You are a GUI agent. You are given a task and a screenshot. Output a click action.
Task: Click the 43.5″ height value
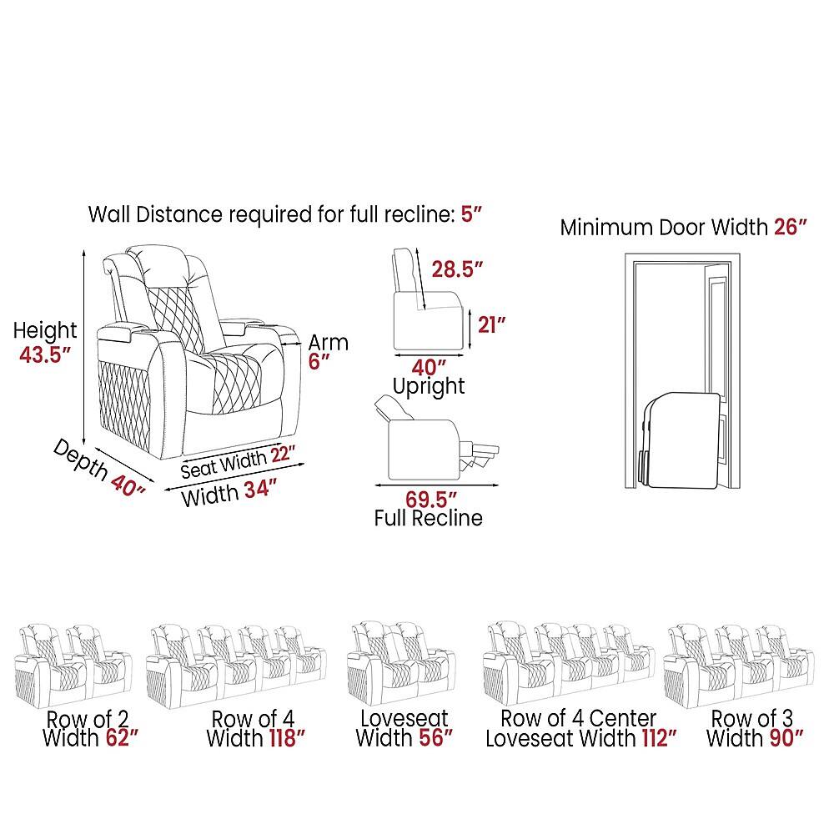click(x=45, y=354)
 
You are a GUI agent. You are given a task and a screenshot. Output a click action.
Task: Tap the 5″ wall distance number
click(x=470, y=214)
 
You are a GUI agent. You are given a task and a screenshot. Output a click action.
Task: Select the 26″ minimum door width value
click(x=791, y=227)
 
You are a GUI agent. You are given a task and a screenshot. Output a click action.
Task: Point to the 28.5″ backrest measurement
click(x=457, y=269)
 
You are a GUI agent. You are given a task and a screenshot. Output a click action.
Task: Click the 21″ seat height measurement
click(x=491, y=324)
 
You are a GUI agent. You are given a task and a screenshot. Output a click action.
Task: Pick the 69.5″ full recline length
click(x=431, y=500)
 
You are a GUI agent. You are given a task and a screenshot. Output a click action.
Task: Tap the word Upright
click(x=429, y=387)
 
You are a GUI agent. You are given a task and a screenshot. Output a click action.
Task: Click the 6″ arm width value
click(x=319, y=361)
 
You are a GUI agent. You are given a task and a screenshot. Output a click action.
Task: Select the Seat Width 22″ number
click(x=283, y=455)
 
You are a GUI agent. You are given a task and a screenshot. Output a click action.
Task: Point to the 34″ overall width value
click(x=260, y=488)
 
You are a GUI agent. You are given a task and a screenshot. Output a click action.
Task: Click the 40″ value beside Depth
click(x=128, y=485)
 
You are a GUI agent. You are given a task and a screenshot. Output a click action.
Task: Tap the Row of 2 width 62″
click(x=122, y=738)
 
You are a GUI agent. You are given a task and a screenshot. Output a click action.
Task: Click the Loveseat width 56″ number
click(x=435, y=738)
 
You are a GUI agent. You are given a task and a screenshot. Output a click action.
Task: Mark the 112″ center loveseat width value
click(x=659, y=738)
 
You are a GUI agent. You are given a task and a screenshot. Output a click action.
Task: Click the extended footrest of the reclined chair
click(x=480, y=455)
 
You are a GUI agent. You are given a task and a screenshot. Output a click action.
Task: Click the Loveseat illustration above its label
click(x=401, y=665)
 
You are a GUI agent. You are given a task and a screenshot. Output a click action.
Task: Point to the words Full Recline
click(x=428, y=518)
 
